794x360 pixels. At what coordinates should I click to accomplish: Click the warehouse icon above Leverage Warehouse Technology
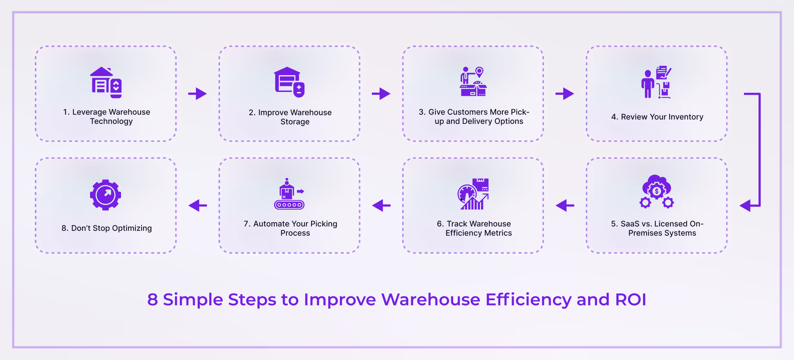(x=106, y=82)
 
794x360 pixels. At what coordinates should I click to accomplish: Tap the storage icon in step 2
(x=289, y=82)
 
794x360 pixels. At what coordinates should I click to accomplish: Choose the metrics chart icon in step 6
(x=473, y=194)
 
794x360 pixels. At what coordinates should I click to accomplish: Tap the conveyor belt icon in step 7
(x=289, y=194)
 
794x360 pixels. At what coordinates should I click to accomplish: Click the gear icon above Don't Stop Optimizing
(x=106, y=195)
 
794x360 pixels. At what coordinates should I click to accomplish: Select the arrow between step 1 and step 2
(x=198, y=94)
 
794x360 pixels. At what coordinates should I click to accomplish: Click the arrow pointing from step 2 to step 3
(x=381, y=94)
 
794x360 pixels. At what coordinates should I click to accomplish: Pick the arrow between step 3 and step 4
(x=565, y=94)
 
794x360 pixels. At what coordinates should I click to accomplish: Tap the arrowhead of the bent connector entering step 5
(x=746, y=205)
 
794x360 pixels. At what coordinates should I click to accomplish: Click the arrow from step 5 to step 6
(x=565, y=205)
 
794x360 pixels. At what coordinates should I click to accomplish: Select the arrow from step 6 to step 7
(x=381, y=205)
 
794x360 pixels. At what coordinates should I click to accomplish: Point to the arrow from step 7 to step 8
(x=198, y=205)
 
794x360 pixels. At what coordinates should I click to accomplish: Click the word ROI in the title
(x=631, y=300)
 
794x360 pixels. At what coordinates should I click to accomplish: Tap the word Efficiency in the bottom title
(x=528, y=300)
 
